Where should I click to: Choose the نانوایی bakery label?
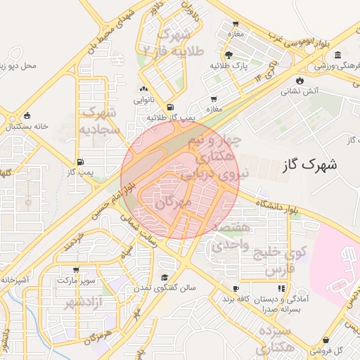point(144,101)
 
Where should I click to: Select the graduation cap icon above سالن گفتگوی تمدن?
point(165,277)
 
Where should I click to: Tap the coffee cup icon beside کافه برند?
point(236,288)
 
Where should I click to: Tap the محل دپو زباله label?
point(26,66)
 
